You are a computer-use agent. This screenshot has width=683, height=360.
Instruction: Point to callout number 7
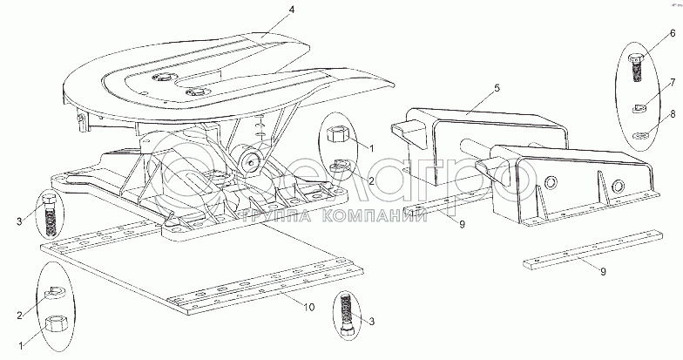tap(672, 82)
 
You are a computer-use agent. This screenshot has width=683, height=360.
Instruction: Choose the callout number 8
tap(672, 113)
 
